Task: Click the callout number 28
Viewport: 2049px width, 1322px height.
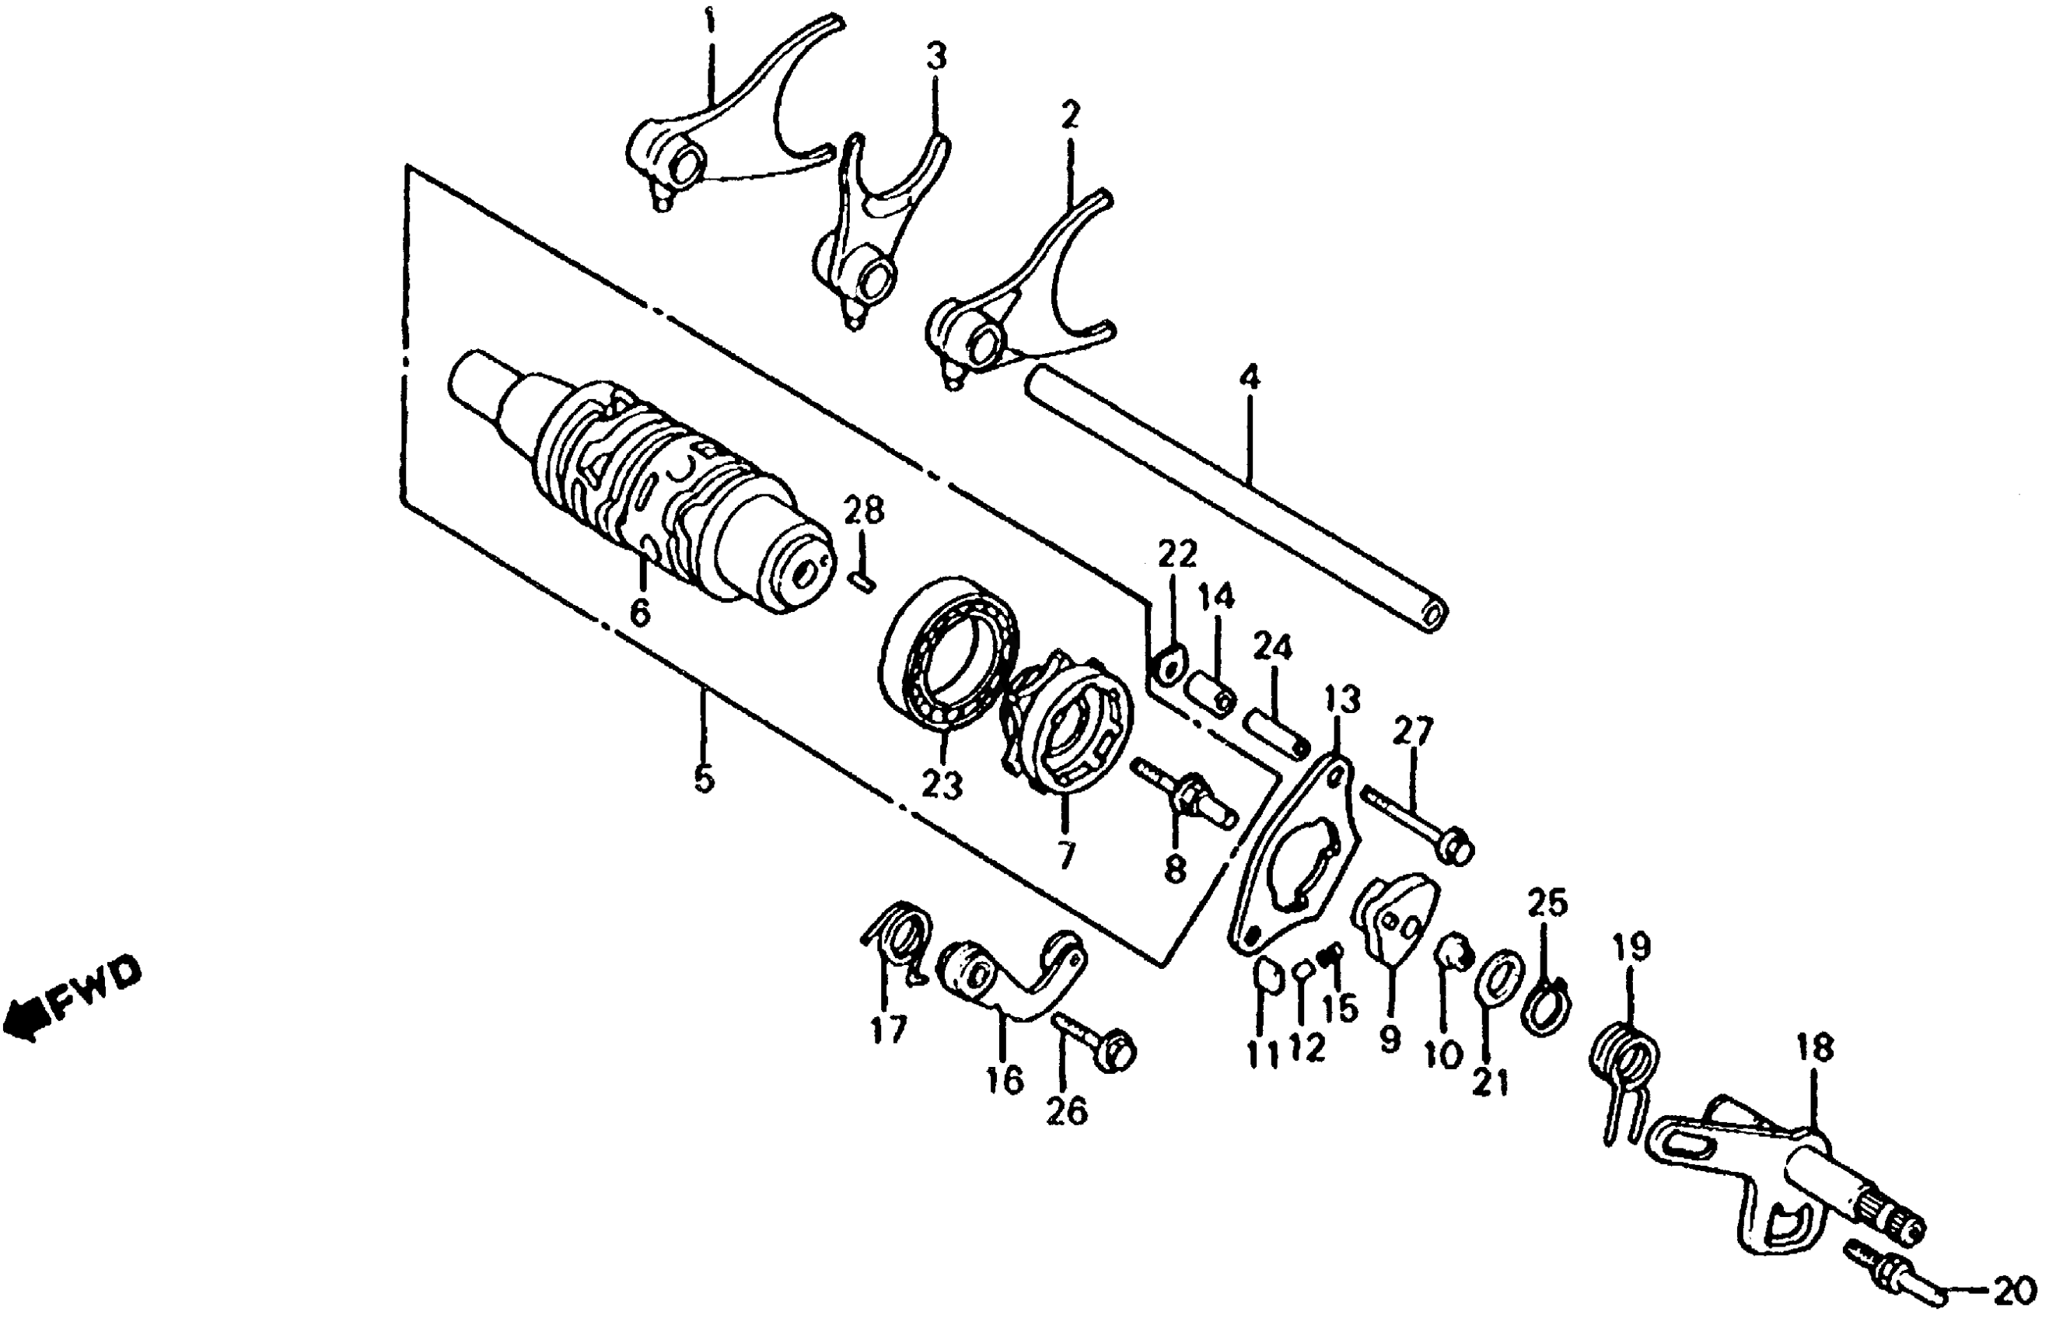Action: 862,512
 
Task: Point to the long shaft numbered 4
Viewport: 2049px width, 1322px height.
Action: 1236,498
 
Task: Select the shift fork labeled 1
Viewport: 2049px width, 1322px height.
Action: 729,121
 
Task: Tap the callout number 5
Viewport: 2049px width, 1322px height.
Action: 703,778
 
